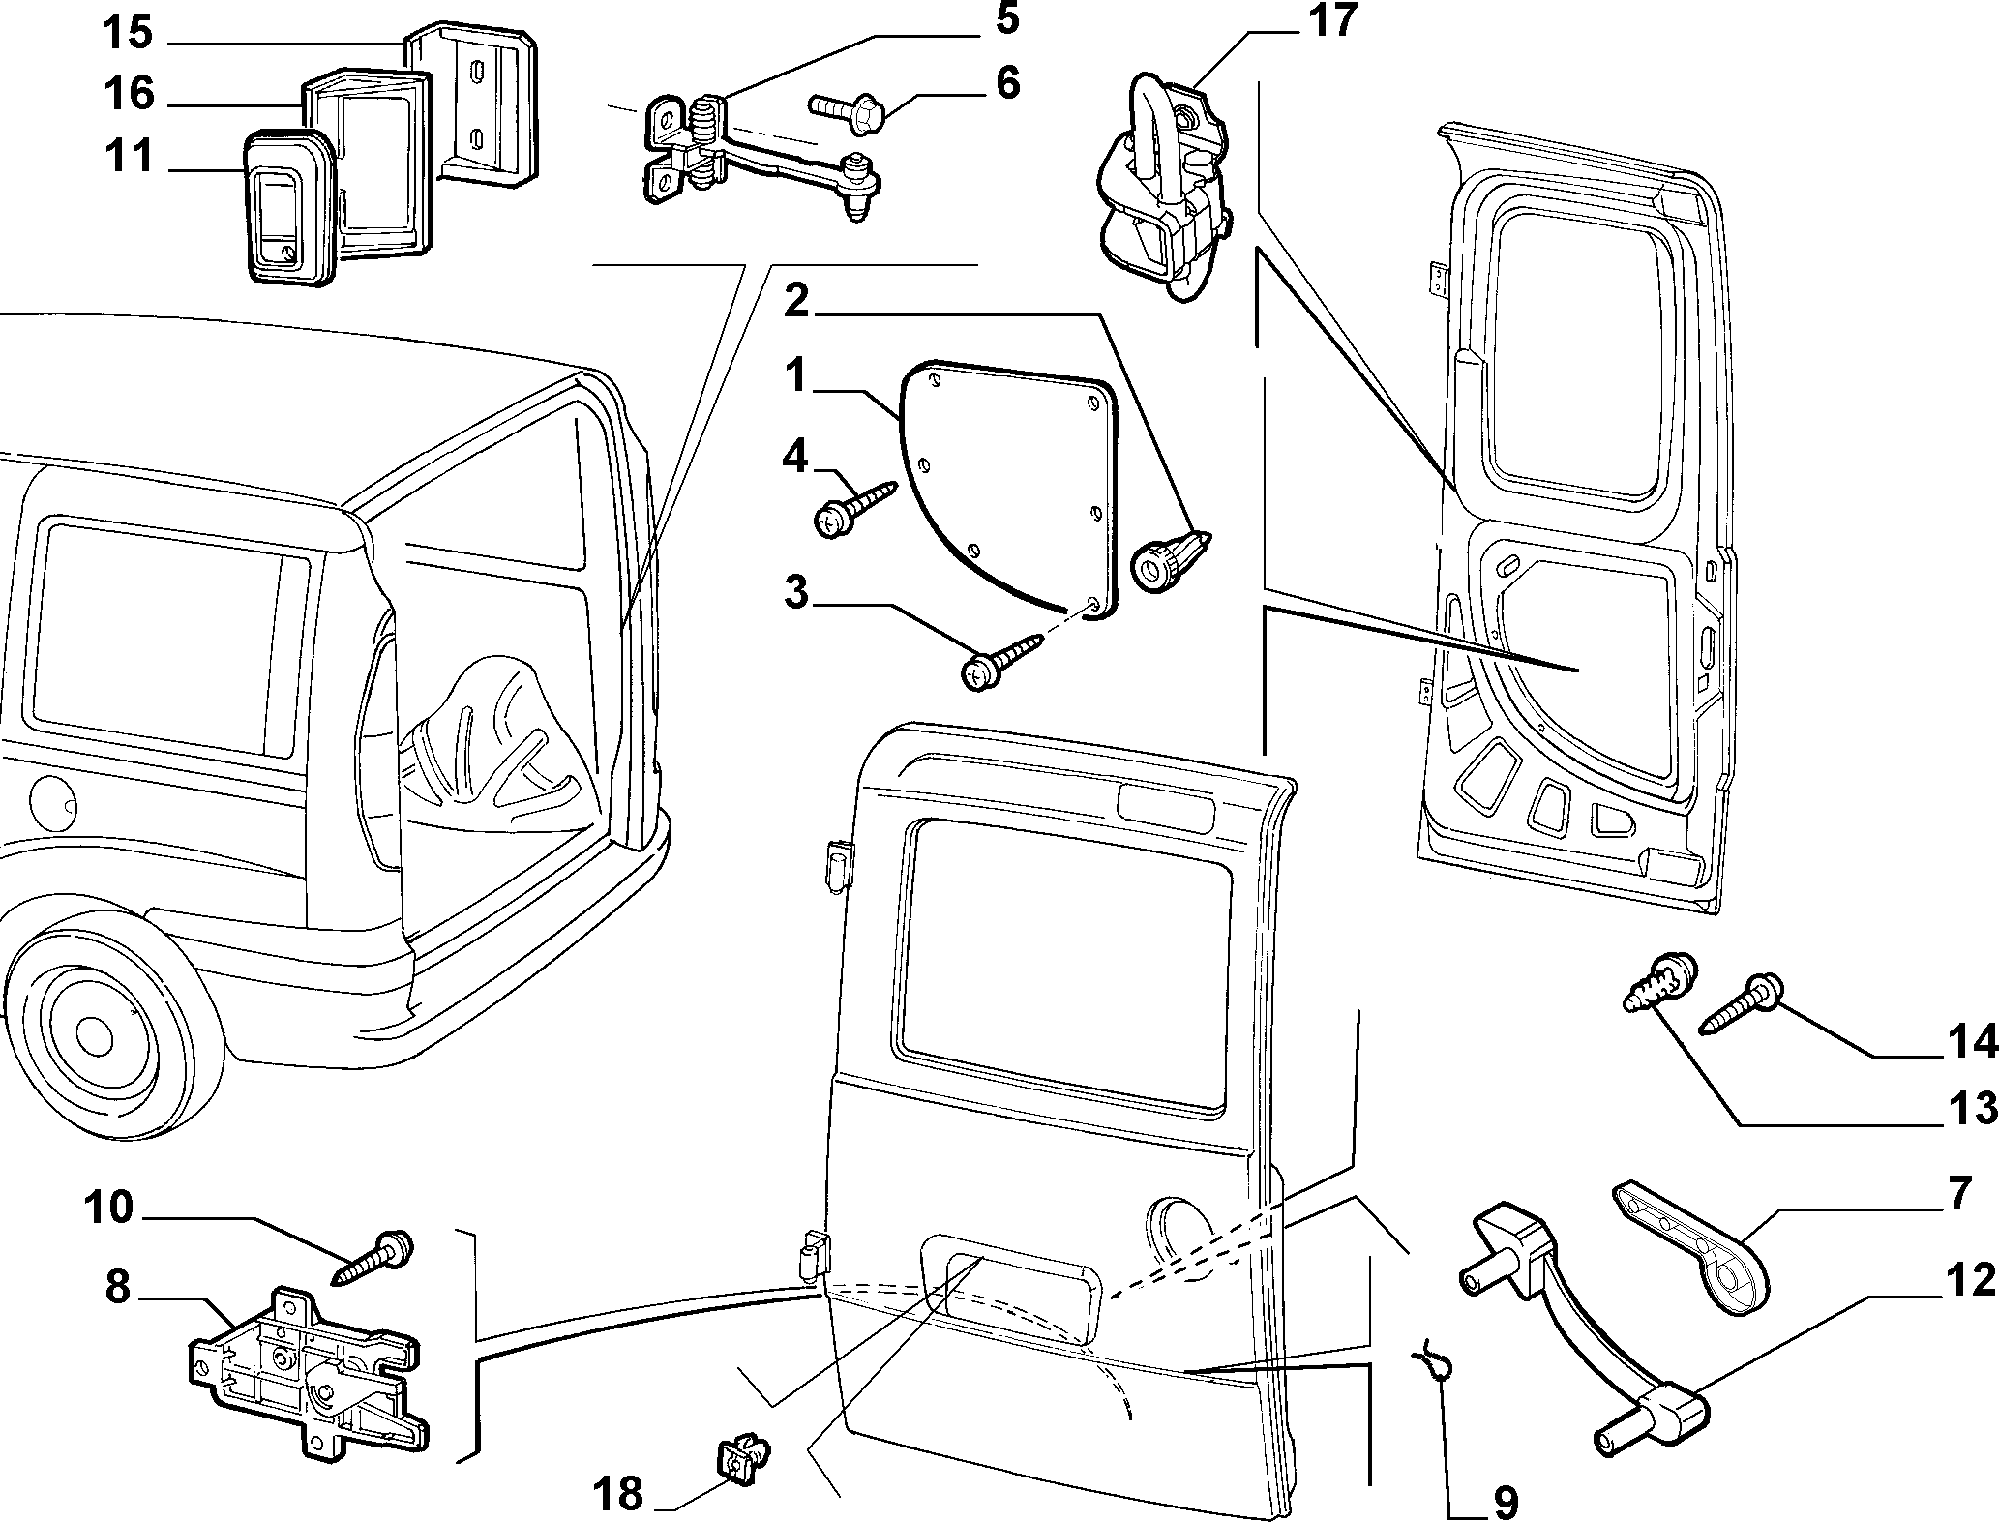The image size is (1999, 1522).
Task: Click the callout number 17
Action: pyautogui.click(x=1331, y=20)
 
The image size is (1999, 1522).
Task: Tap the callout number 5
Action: pyautogui.click(x=1006, y=18)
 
